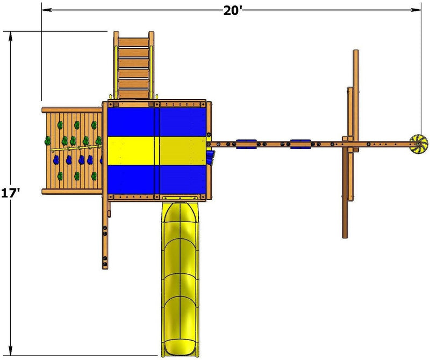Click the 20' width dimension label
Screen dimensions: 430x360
pos(233,10)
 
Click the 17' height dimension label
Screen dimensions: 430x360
pos(10,193)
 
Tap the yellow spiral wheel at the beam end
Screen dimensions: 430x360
pos(419,144)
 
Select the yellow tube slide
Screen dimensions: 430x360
pos(180,279)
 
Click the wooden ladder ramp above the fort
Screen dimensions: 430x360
pos(133,65)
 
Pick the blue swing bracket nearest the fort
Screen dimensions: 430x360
pos(246,144)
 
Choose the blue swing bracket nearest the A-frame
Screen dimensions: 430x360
pos(300,144)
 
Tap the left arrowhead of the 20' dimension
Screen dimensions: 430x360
pos(46,10)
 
